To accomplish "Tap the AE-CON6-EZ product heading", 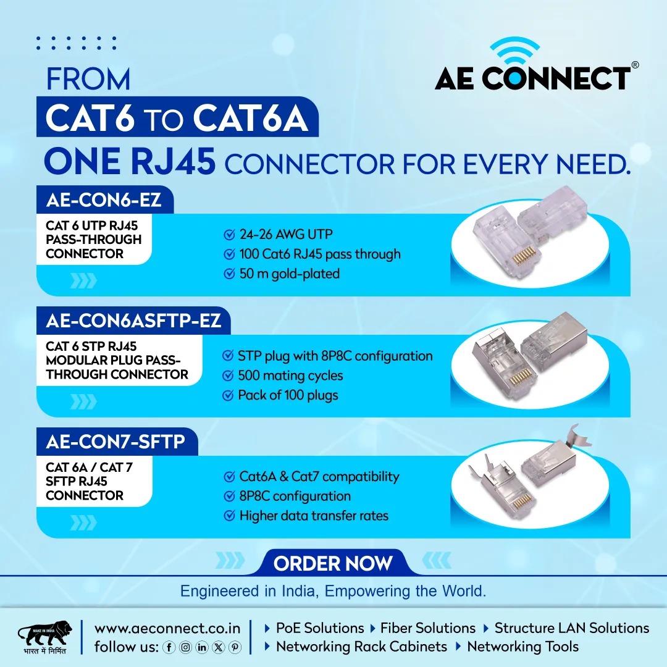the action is (x=104, y=200).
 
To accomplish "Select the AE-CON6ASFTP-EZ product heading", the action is (x=133, y=321).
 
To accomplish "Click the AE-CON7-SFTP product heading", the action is (x=115, y=442).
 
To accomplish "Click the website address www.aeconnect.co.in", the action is (x=167, y=628).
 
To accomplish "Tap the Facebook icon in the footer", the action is (x=169, y=647).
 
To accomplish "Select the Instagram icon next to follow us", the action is (x=185, y=647).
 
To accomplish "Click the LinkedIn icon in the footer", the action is (x=201, y=647).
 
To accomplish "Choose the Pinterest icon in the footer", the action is (x=235, y=647).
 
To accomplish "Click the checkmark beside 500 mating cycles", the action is (x=228, y=375).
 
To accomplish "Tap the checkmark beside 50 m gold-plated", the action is (x=229, y=274).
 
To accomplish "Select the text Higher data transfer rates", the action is (x=314, y=516).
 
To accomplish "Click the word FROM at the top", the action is (x=88, y=79).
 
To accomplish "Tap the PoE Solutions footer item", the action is (x=320, y=628).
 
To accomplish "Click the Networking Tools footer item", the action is (x=523, y=647).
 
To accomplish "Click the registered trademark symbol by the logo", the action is (x=635, y=65).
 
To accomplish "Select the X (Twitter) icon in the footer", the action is (x=218, y=647).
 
